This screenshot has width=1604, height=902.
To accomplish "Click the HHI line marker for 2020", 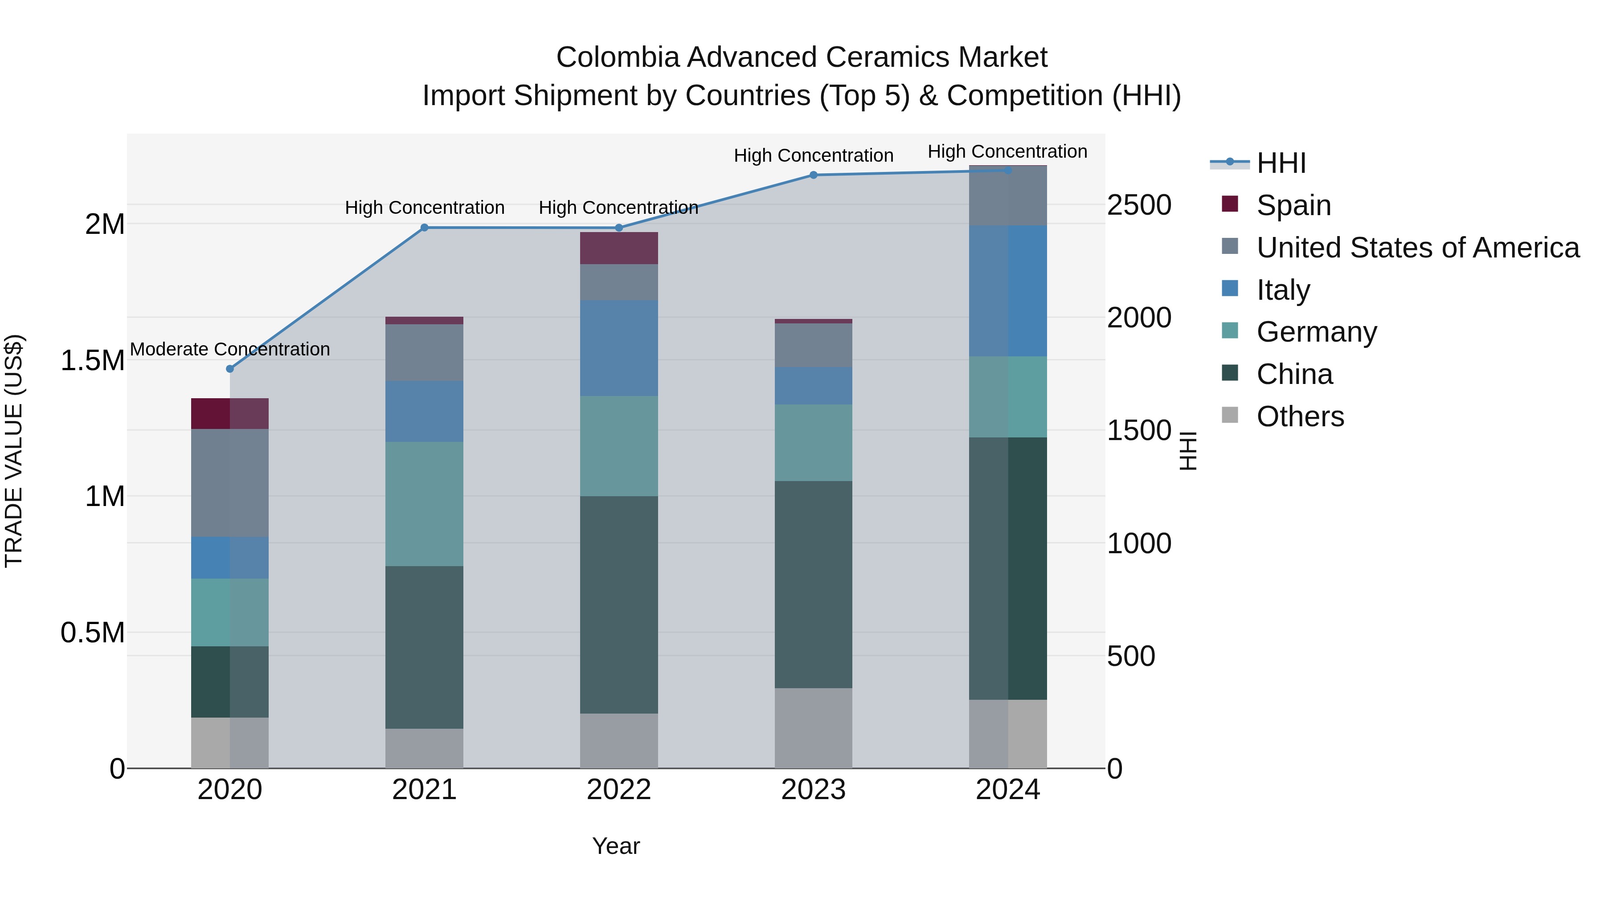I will (x=230, y=368).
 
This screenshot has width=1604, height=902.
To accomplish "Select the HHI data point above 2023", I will (x=813, y=175).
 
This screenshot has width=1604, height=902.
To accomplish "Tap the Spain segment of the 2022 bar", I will (x=619, y=248).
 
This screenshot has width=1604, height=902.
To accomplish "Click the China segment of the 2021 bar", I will (x=424, y=647).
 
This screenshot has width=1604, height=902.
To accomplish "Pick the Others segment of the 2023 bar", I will (x=813, y=728).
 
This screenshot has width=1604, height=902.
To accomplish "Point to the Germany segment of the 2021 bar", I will (x=424, y=504).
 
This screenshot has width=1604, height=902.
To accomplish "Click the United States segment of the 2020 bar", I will (x=230, y=482).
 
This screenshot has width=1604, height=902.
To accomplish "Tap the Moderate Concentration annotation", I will (x=230, y=349).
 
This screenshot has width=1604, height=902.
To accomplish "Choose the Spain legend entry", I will (x=1293, y=205).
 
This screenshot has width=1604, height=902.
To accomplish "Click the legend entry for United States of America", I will (x=1417, y=247).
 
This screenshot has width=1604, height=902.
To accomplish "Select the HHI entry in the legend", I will (x=1281, y=163).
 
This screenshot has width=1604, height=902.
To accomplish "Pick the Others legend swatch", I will (x=1230, y=415).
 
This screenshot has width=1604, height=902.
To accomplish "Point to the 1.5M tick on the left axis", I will (x=93, y=360).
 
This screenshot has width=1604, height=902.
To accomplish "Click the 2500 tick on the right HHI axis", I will (x=1139, y=205).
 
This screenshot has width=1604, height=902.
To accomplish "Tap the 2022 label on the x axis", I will (x=619, y=790).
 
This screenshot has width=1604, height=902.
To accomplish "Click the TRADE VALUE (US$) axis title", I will (x=14, y=451).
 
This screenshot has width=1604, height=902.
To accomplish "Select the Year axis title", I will (x=616, y=846).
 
